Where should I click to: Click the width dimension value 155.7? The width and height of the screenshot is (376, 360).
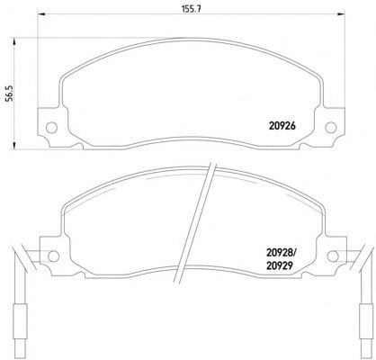pyautogui.click(x=191, y=9)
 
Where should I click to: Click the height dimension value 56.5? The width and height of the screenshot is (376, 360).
pyautogui.click(x=10, y=94)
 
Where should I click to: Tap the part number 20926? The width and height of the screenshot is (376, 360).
pyautogui.click(x=282, y=126)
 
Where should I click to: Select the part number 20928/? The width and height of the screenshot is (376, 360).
pyautogui.click(x=281, y=254)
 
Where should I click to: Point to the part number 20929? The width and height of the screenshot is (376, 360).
pyautogui.click(x=279, y=265)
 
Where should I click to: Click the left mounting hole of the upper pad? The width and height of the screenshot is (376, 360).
pyautogui.click(x=51, y=128)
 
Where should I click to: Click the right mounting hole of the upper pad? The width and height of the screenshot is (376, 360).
pyautogui.click(x=331, y=128)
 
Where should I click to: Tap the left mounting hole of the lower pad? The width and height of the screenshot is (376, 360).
pyautogui.click(x=53, y=256)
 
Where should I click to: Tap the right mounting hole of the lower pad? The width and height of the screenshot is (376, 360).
pyautogui.click(x=333, y=256)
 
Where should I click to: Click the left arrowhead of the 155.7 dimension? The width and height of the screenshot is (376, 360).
pyautogui.click(x=40, y=13)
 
